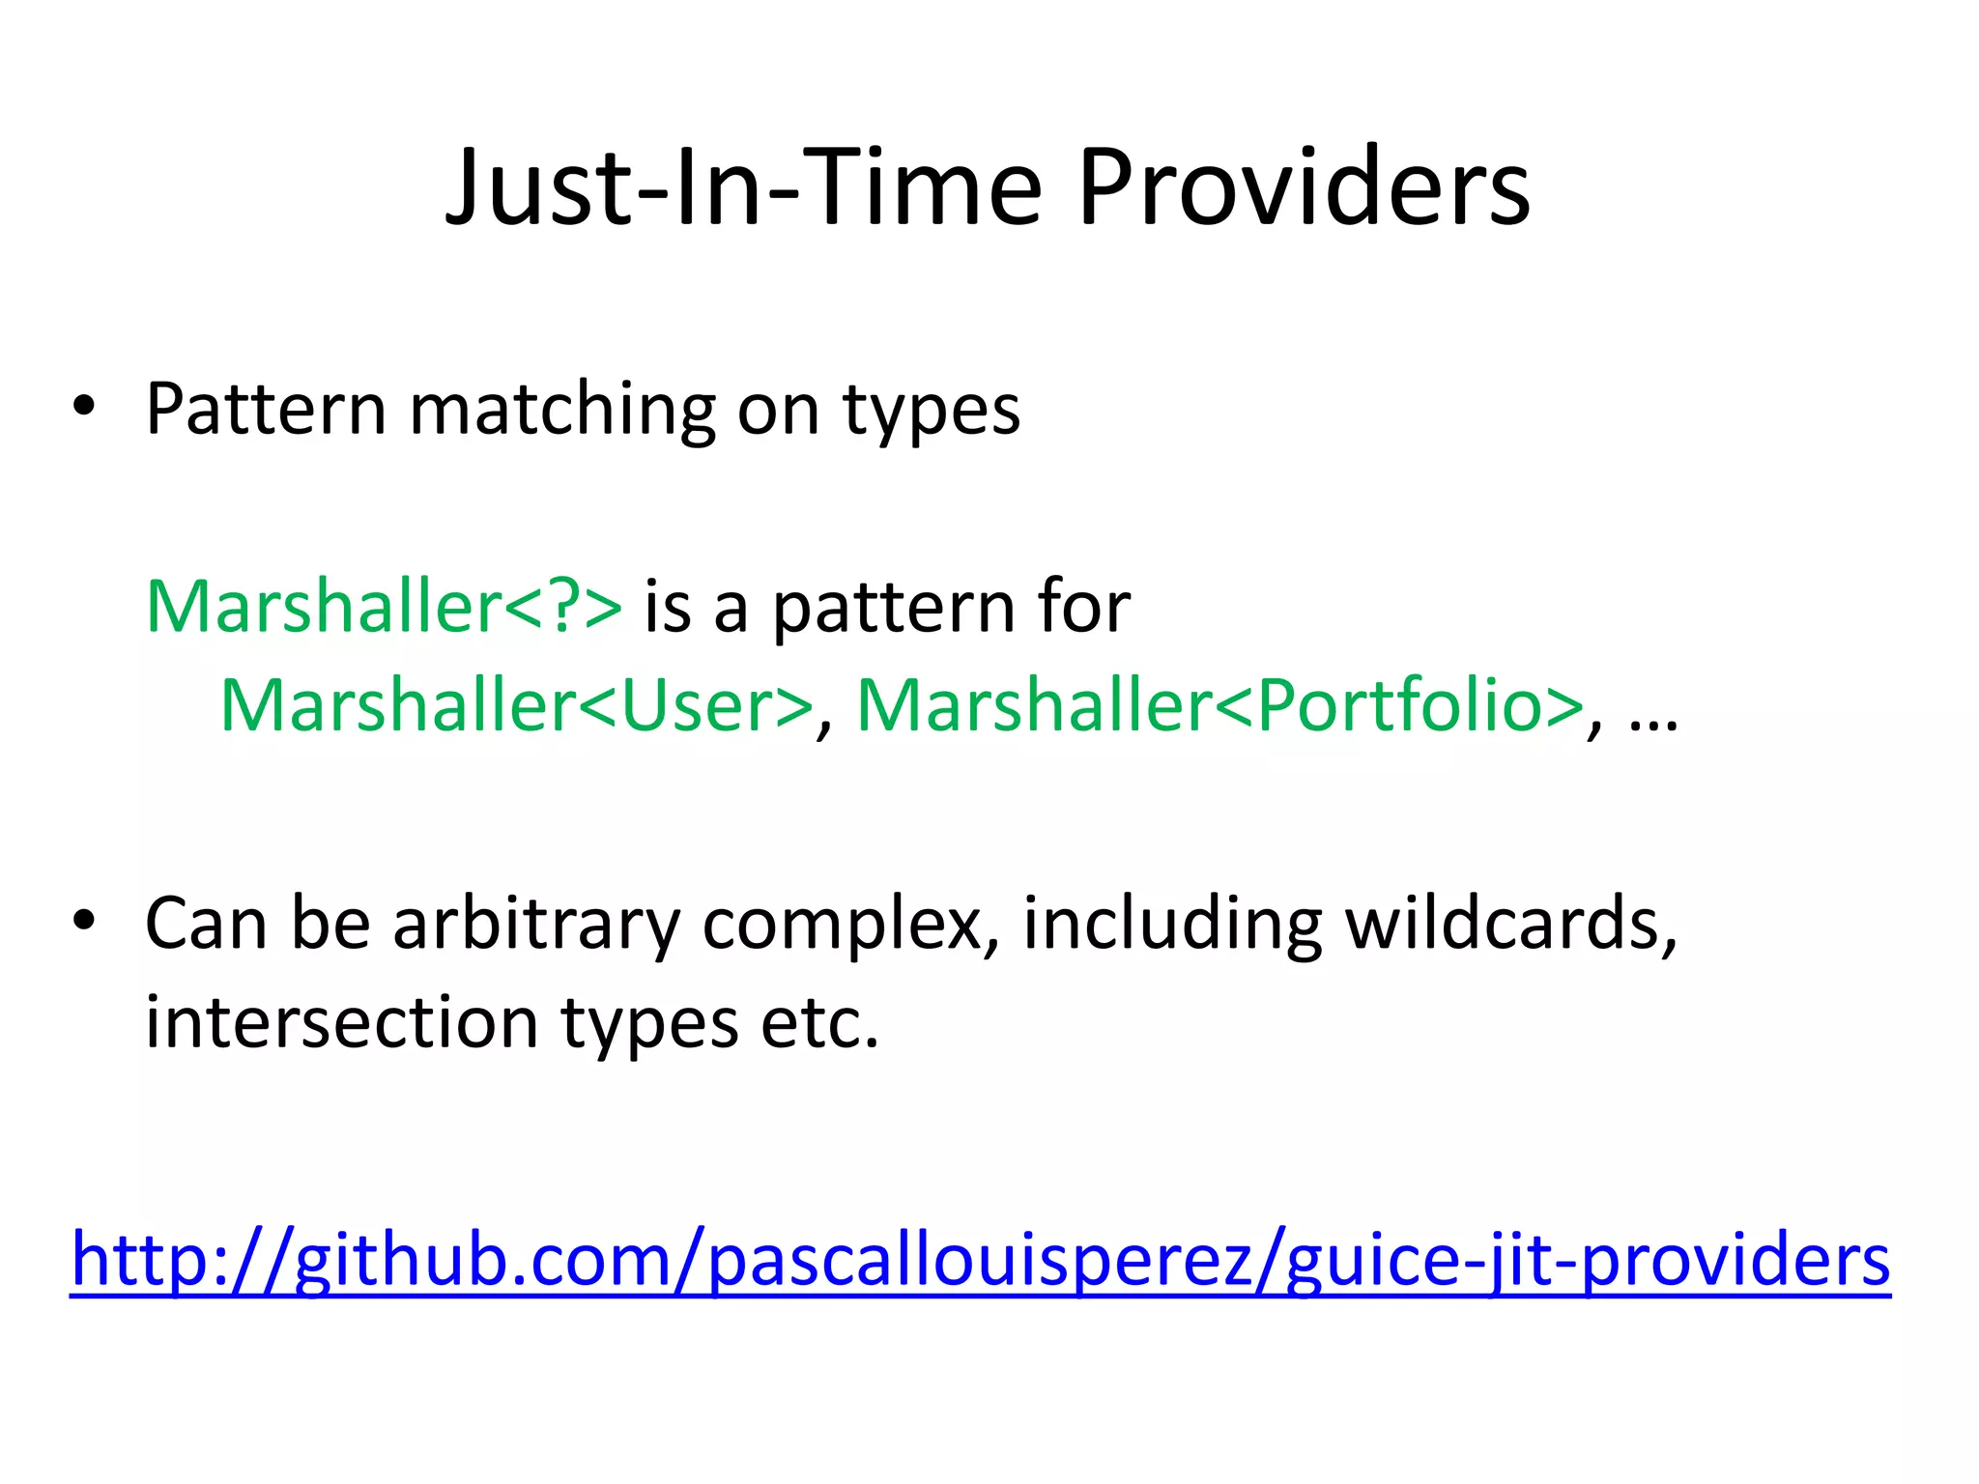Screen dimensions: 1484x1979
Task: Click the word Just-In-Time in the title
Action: tap(743, 188)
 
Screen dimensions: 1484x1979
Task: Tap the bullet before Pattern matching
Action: tap(84, 407)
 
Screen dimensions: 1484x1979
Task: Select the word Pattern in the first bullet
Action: tap(267, 410)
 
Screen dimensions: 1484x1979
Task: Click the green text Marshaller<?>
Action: tap(384, 608)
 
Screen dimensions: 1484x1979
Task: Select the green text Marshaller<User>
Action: tap(517, 706)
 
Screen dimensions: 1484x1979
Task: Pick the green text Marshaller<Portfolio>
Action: tap(1219, 706)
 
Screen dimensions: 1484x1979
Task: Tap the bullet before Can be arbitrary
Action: tap(84, 921)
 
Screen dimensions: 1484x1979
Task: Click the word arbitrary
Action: tap(536, 926)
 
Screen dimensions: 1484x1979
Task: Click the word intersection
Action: tap(341, 1023)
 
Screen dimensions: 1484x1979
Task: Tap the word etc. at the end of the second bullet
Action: tap(819, 1023)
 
